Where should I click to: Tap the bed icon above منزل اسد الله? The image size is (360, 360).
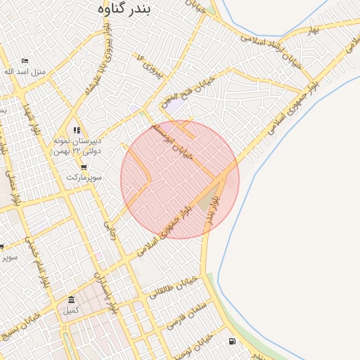(25, 61)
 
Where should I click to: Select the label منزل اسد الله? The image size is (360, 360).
(25, 72)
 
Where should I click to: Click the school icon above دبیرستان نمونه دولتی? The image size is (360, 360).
(77, 130)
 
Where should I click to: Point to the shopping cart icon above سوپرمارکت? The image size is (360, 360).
(84, 167)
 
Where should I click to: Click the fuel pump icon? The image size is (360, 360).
(231, 342)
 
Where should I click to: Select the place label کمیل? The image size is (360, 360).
(71, 310)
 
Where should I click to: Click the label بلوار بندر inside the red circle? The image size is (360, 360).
(209, 210)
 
